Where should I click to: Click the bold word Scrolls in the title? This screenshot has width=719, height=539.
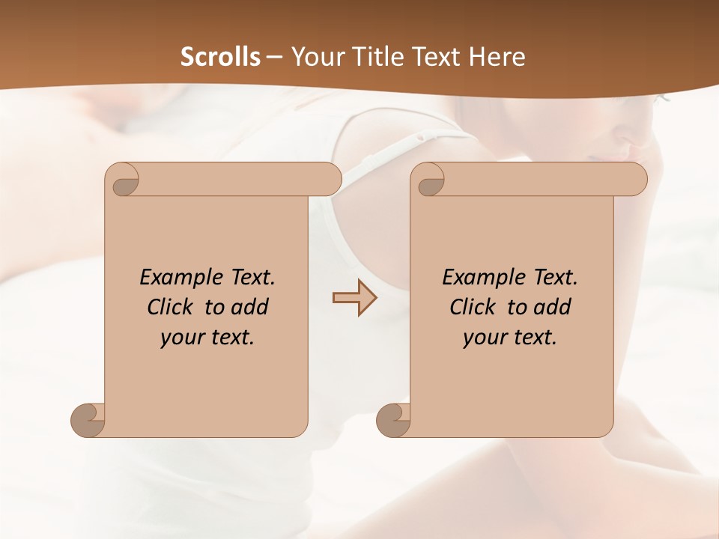click(220, 57)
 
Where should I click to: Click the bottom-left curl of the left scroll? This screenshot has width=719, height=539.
click(88, 420)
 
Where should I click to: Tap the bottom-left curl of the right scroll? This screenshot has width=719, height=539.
click(394, 420)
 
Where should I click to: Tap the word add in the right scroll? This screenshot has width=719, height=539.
click(552, 307)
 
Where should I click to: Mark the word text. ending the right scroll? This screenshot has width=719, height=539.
click(533, 338)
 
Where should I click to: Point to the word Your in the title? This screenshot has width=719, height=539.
click(315, 57)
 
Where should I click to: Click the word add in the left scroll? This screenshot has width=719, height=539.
click(249, 307)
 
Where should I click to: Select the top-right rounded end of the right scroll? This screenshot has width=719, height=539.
click(633, 180)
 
